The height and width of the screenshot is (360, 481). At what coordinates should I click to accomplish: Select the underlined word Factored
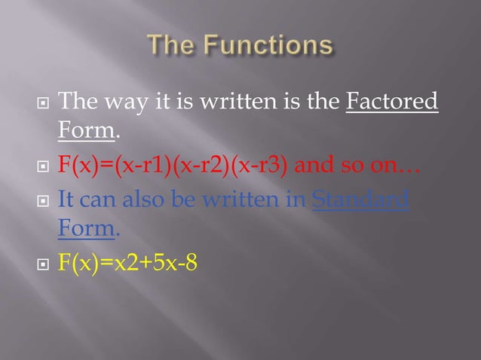392,102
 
